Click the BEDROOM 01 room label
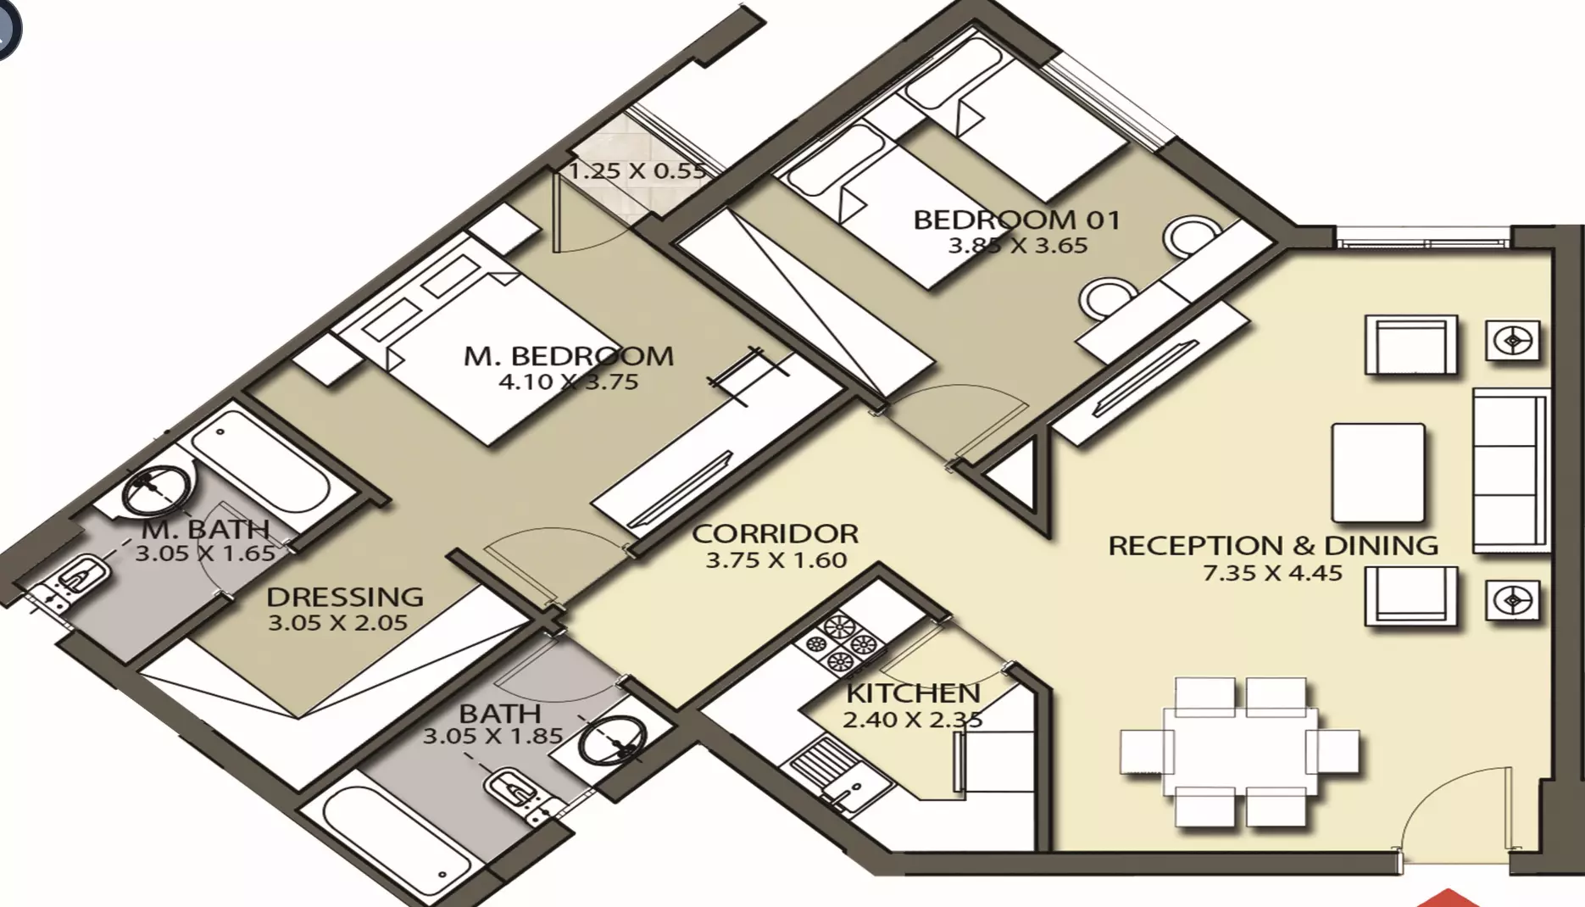1017,220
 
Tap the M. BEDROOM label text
569,356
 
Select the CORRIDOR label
776,534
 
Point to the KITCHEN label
913,693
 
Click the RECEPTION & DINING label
1273,545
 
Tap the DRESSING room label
345,597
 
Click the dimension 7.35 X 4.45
1273,573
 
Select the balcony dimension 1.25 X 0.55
637,171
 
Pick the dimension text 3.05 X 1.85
492,736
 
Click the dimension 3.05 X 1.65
205,554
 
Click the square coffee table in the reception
1378,472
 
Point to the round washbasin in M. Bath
157,489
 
